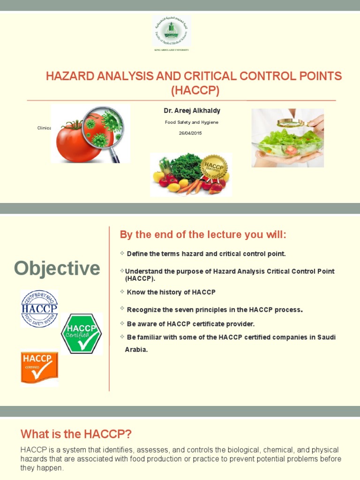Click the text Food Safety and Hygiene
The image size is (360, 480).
(x=191, y=122)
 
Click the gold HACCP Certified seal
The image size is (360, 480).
(x=214, y=167)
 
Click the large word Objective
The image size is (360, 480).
(x=57, y=269)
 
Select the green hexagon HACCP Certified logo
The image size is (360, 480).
(x=82, y=334)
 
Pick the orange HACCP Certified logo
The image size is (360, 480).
(x=39, y=368)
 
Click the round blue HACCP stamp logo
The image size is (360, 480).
(x=39, y=308)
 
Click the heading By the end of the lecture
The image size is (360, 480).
(x=202, y=234)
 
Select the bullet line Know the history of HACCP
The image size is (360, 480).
(x=171, y=292)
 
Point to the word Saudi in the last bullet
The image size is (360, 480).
(x=326, y=337)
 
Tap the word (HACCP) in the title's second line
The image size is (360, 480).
(x=195, y=90)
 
